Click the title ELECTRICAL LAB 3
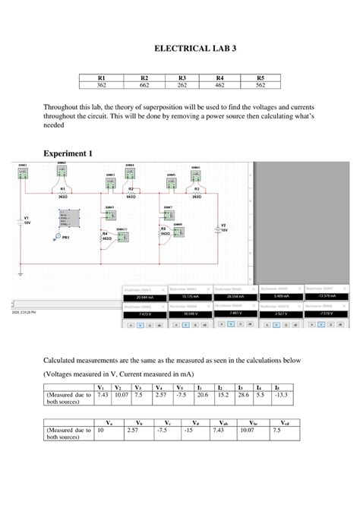[x=196, y=48]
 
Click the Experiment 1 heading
[x=68, y=153]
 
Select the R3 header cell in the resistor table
[x=182, y=77]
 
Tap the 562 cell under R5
[x=261, y=85]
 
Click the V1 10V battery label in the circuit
[x=27, y=219]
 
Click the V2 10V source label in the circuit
[x=223, y=228]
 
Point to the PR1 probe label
[x=65, y=238]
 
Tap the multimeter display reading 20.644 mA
[x=145, y=297]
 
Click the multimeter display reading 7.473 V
[x=145, y=313]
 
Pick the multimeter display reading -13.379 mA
[x=327, y=297]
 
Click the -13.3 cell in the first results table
[x=282, y=394]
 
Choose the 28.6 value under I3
[x=242, y=394]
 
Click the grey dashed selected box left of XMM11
[x=69, y=219]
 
